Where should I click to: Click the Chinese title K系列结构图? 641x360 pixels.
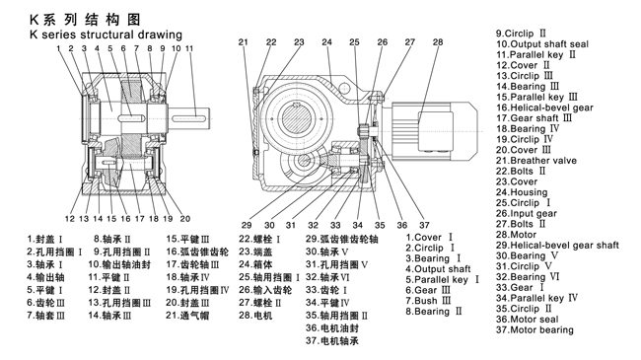pyautogui.click(x=85, y=20)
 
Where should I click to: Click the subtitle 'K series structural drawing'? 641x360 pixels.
pyautogui.click(x=106, y=35)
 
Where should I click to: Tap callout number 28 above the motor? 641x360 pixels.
pyautogui.click(x=438, y=42)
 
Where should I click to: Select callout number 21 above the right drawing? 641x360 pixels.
pyautogui.click(x=244, y=42)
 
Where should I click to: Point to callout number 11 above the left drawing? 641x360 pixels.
pyautogui.click(x=189, y=48)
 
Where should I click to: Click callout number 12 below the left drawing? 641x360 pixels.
pyautogui.click(x=70, y=219)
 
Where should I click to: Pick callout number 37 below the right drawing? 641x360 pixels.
pyautogui.click(x=424, y=225)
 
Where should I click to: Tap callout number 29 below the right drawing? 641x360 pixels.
pyautogui.click(x=247, y=225)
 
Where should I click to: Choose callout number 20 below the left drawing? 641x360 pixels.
pyautogui.click(x=185, y=219)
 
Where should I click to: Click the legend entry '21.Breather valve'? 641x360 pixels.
pyautogui.click(x=536, y=161)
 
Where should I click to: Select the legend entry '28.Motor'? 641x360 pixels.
pyautogui.click(x=516, y=235)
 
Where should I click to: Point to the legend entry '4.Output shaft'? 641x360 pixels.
pyautogui.click(x=438, y=269)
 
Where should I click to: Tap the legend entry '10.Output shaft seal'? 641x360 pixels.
pyautogui.click(x=542, y=43)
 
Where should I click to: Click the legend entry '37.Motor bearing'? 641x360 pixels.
pyautogui.click(x=534, y=329)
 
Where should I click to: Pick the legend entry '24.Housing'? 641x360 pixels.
pyautogui.click(x=522, y=192)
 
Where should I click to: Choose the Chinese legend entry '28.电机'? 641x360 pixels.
pyautogui.click(x=255, y=316)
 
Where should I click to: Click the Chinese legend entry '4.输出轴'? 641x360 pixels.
pyautogui.click(x=45, y=277)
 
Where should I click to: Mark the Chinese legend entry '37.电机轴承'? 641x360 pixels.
pyautogui.click(x=332, y=341)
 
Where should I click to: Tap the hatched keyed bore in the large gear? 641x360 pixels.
pyautogui.click(x=297, y=118)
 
